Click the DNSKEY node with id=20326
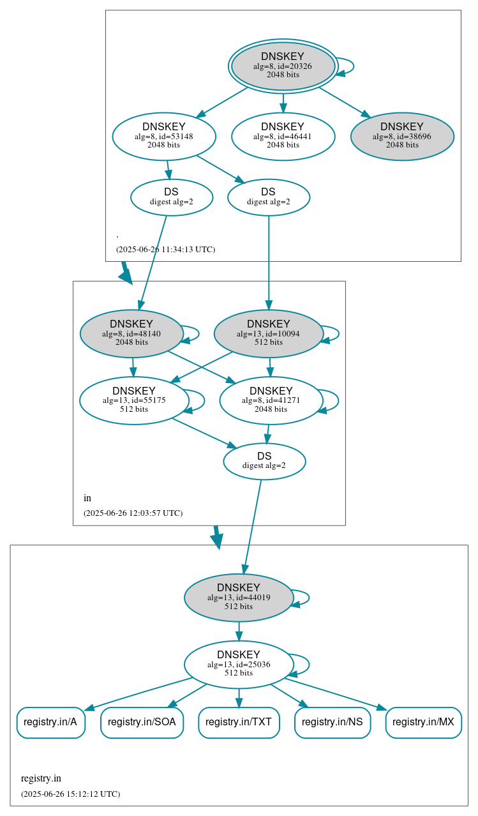[283, 66]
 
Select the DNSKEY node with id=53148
[164, 136]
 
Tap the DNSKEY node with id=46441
[283, 136]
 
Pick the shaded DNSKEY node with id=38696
[402, 136]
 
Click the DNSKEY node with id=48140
[131, 333]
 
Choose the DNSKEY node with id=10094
[268, 333]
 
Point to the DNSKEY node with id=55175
[134, 400]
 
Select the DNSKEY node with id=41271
[271, 400]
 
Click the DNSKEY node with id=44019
[239, 598]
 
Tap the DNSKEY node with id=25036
[239, 665]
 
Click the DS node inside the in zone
[264, 461]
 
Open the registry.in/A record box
[50, 722]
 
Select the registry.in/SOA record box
[142, 722]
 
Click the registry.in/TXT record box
[239, 722]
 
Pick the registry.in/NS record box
[332, 722]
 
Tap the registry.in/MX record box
[423, 722]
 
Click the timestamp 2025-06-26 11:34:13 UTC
[165, 250]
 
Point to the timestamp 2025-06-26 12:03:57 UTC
[133, 513]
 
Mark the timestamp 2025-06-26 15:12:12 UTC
[70, 794]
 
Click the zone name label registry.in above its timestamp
[41, 778]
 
